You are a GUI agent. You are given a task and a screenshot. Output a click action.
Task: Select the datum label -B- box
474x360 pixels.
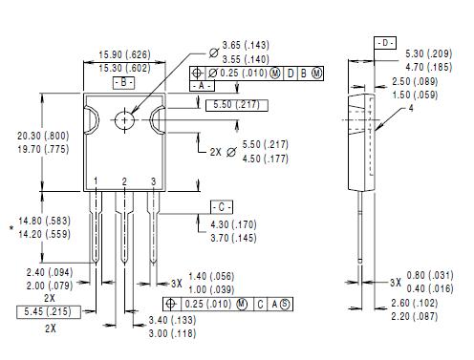(124, 83)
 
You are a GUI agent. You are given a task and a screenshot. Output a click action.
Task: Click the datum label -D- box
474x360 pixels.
(383, 44)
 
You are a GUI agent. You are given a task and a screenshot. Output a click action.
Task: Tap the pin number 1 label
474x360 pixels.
(96, 181)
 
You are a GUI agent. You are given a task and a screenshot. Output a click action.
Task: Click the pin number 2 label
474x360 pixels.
(124, 181)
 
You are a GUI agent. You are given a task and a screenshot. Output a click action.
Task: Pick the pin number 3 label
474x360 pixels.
(153, 181)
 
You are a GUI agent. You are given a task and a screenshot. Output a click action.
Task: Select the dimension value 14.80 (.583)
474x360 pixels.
(41, 221)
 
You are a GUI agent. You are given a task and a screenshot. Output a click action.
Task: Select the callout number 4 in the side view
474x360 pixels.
(412, 109)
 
